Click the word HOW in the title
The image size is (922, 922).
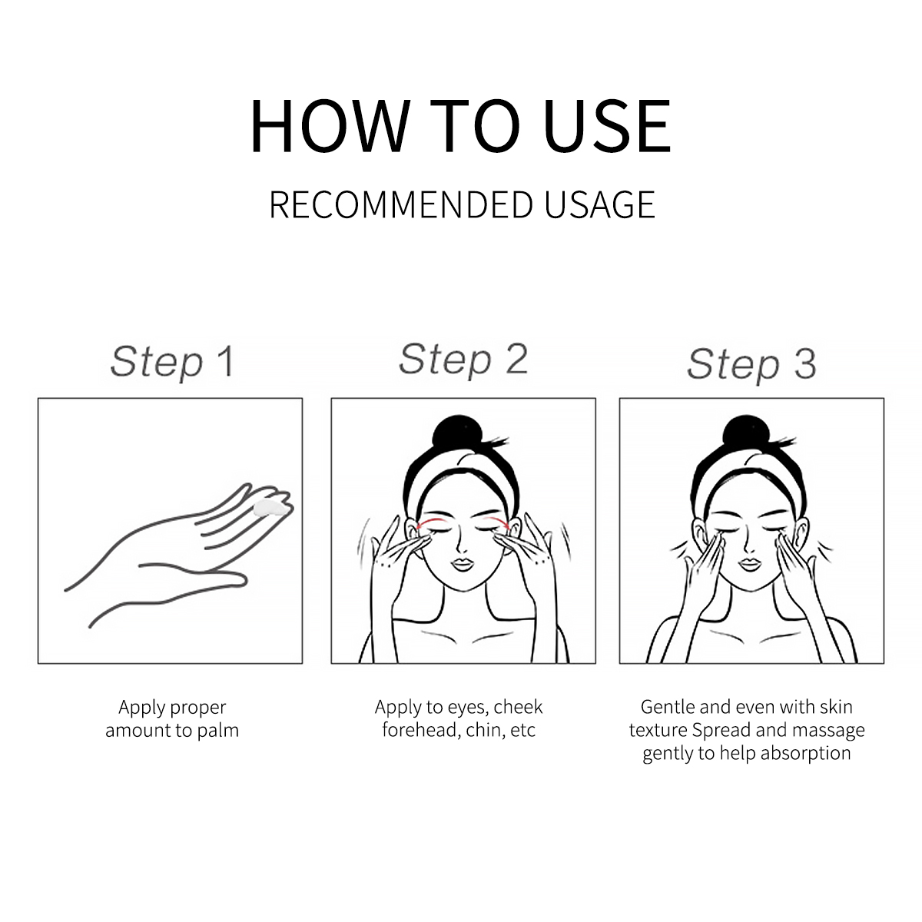330,126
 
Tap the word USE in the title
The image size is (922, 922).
607,126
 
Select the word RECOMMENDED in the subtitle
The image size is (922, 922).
401,205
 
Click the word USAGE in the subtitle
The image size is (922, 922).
599,205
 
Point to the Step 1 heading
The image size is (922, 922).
173,362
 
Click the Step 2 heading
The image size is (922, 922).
463,360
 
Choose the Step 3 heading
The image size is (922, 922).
751,364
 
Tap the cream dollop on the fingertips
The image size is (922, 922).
270,508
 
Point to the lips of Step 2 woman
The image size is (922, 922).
463,564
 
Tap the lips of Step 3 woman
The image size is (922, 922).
750,564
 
